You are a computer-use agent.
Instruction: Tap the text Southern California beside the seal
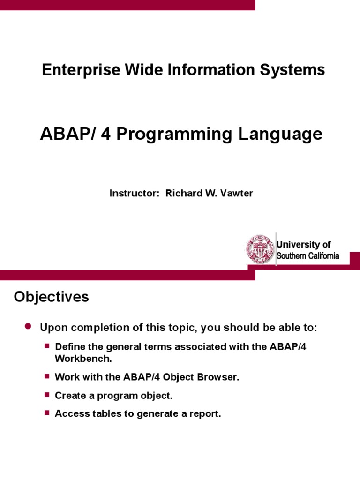point(307,256)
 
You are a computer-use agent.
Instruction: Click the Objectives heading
point(51,297)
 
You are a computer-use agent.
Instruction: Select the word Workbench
point(83,359)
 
